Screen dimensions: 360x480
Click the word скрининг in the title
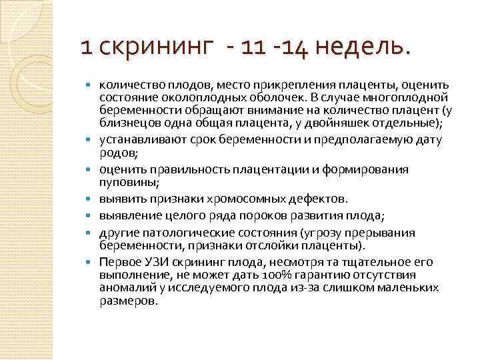coord(149,47)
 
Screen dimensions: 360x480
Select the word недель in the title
coord(357,47)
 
